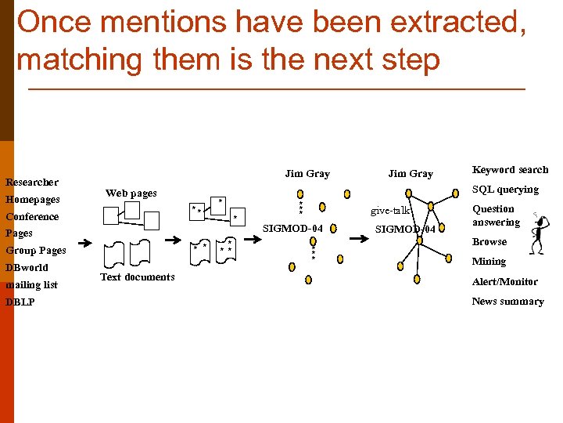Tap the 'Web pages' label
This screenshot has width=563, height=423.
click(x=131, y=193)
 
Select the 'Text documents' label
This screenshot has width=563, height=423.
click(x=137, y=277)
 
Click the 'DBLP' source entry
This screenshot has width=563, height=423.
click(x=20, y=302)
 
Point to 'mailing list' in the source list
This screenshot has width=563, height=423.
click(x=31, y=285)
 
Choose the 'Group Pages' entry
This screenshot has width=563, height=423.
click(x=36, y=251)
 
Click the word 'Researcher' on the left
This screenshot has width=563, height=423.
click(x=32, y=183)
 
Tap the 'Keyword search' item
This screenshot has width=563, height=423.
click(x=510, y=170)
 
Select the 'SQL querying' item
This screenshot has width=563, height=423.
click(x=505, y=190)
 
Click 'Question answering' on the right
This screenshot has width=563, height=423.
click(x=495, y=215)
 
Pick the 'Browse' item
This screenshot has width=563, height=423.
click(x=489, y=242)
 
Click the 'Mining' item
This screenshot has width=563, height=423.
click(x=489, y=262)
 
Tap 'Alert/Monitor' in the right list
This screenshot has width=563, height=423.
click(x=504, y=282)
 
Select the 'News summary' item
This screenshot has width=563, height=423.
click(x=507, y=302)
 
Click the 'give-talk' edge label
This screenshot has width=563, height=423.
click(x=390, y=211)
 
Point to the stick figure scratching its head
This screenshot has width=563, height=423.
click(x=537, y=233)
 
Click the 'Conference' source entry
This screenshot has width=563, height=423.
click(x=32, y=217)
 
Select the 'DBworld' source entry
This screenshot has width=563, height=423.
click(x=27, y=268)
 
